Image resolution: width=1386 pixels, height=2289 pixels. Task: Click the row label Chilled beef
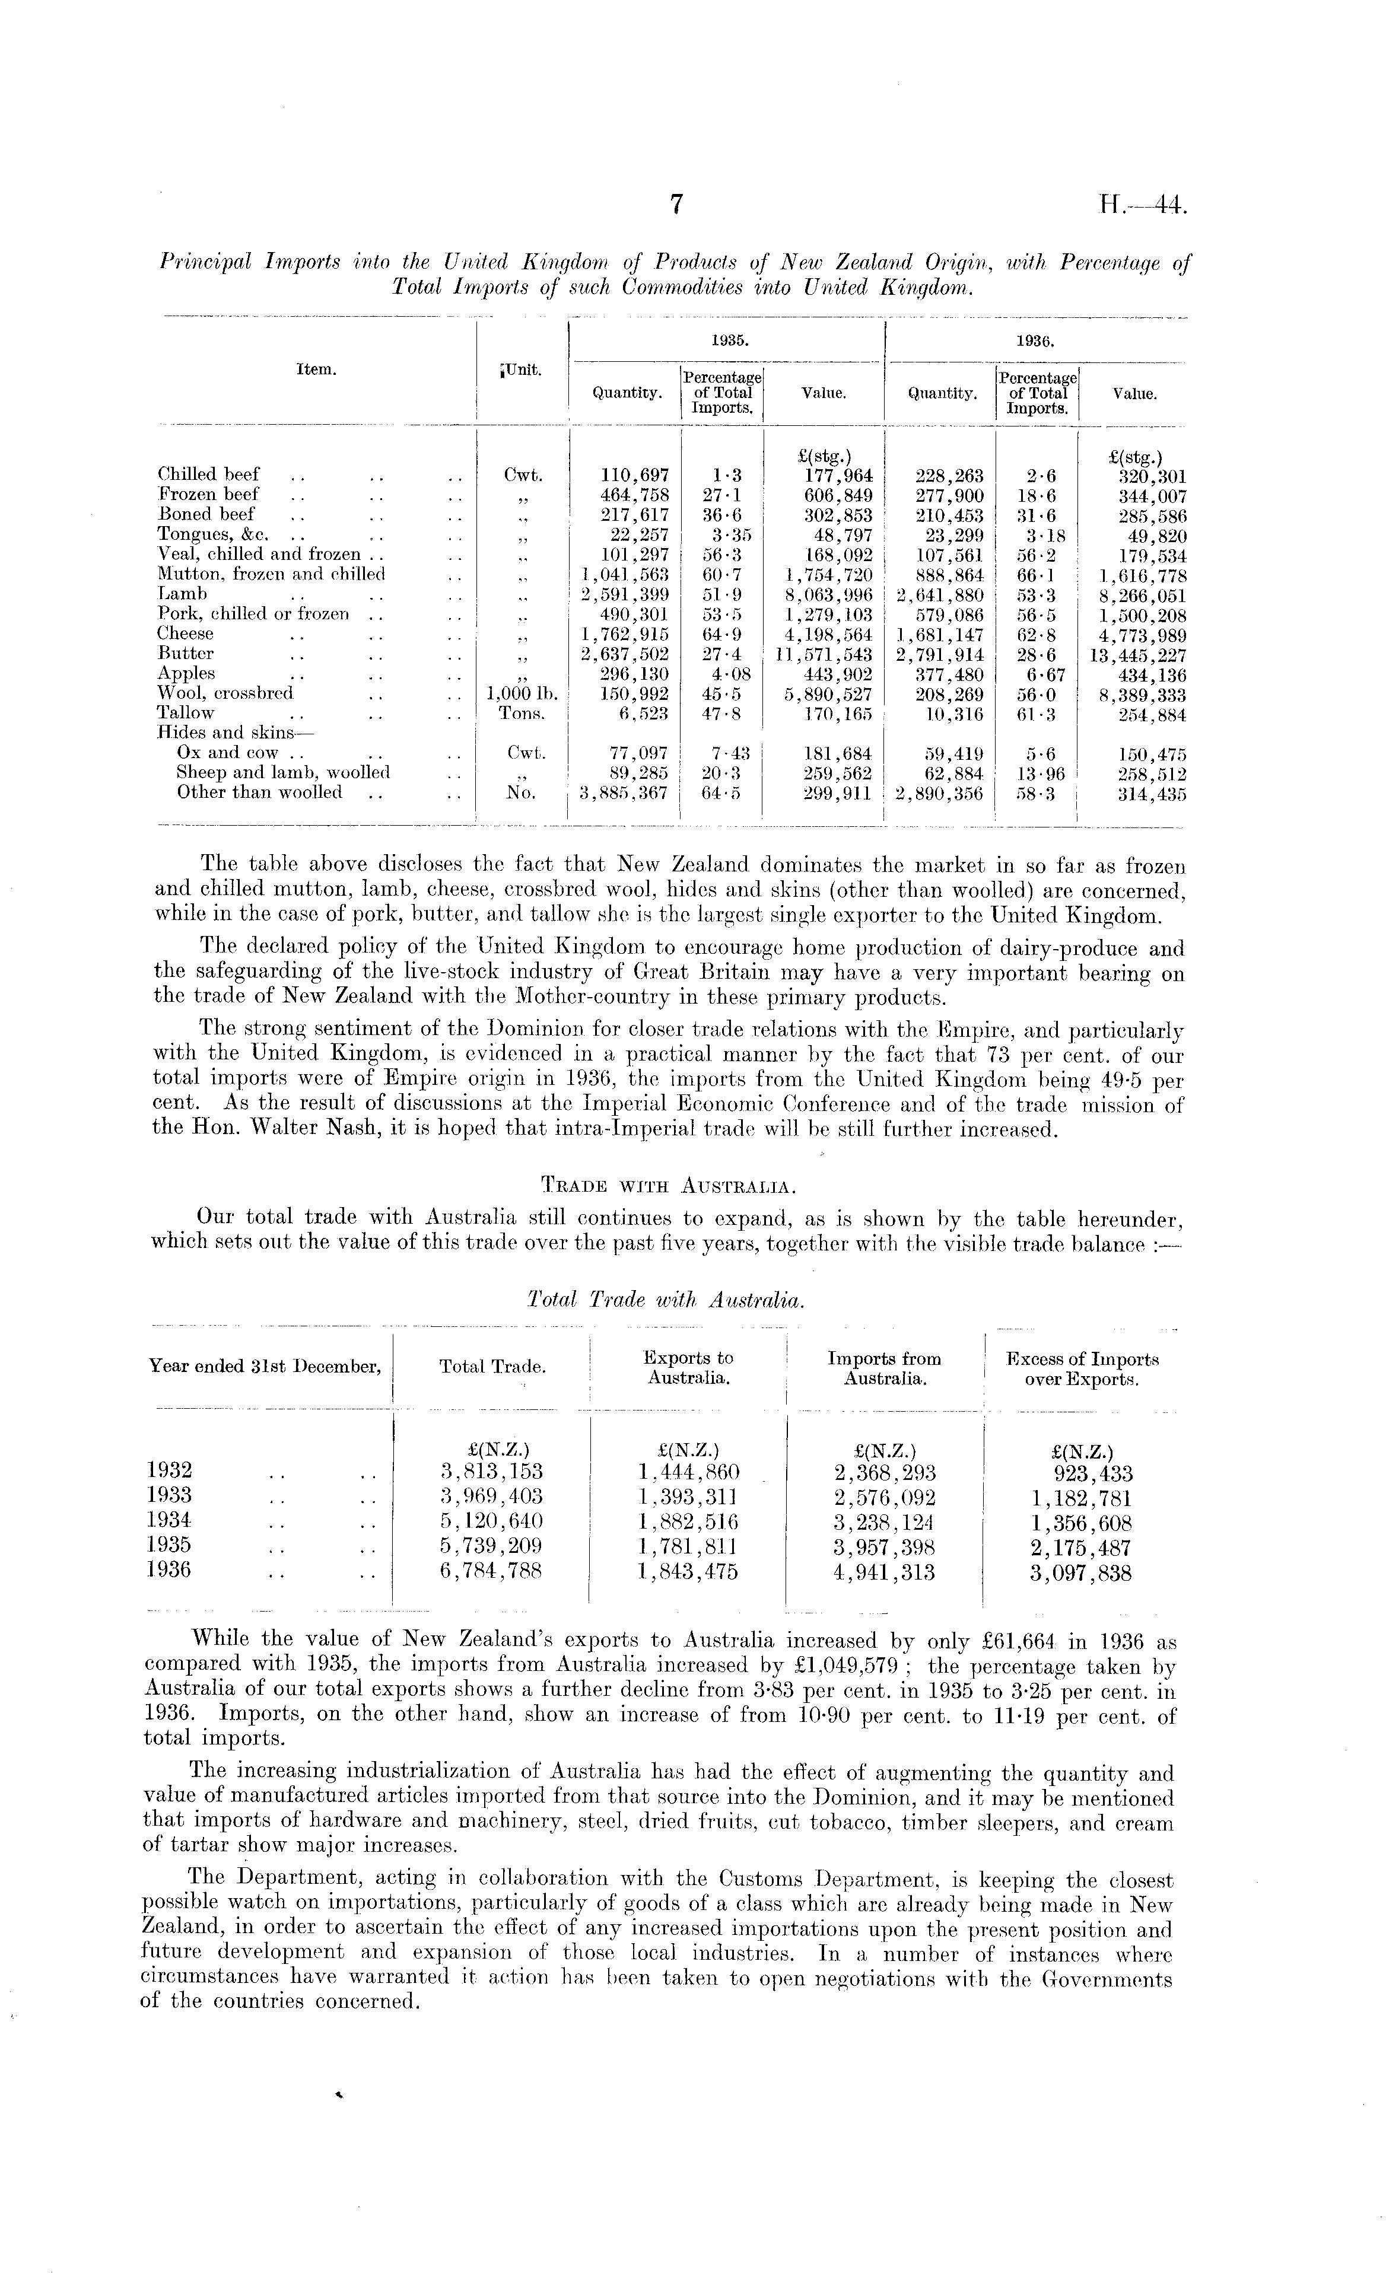(209, 475)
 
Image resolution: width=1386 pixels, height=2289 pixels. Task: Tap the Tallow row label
(186, 714)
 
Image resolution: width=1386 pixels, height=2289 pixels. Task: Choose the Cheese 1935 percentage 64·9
(722, 635)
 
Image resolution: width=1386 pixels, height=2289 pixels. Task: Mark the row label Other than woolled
(259, 792)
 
